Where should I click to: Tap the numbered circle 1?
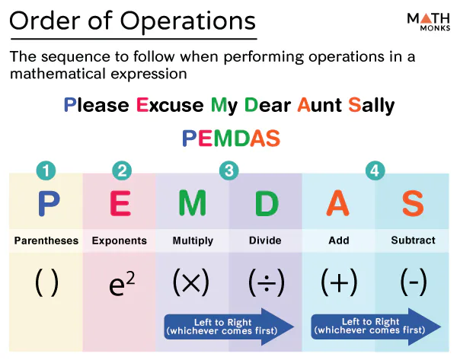(46, 171)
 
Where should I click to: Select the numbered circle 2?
(120, 171)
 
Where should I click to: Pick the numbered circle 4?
(375, 171)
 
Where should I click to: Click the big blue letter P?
(47, 203)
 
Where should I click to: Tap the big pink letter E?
(120, 203)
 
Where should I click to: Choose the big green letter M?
(193, 203)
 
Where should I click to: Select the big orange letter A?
(338, 203)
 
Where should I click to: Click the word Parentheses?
(46, 241)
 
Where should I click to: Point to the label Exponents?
(120, 241)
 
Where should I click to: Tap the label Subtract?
(413, 241)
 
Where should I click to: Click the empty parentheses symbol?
(46, 282)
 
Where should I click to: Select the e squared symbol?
(120, 283)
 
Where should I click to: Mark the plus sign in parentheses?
(338, 282)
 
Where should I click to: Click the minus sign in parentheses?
(413, 282)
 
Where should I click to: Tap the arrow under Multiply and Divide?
(228, 326)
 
